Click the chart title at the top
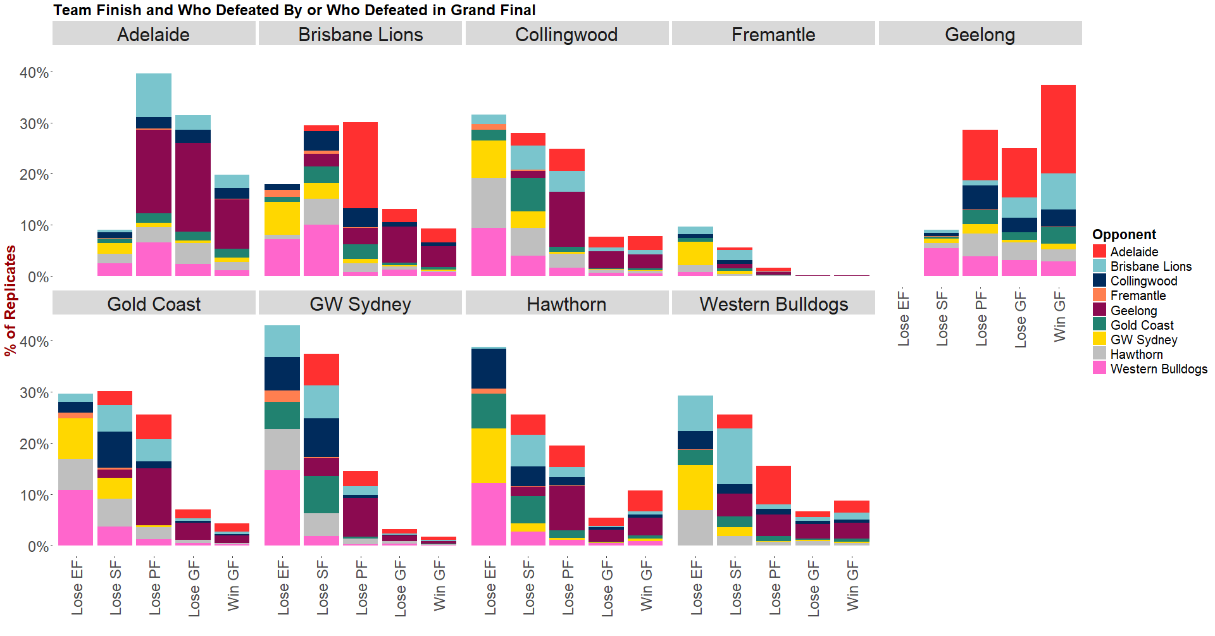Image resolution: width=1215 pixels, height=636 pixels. [294, 10]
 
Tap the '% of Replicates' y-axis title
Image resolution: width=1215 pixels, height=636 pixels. [11, 301]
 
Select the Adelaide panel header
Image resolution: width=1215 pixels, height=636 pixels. [153, 34]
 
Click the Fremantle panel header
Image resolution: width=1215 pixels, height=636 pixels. [773, 34]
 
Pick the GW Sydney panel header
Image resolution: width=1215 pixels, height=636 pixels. [360, 304]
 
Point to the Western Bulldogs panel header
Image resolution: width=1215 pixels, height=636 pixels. [773, 304]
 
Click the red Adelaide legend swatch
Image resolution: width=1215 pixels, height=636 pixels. [1099, 251]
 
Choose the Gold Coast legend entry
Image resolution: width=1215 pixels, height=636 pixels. [1142, 325]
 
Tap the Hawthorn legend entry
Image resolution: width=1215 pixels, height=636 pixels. [1137, 354]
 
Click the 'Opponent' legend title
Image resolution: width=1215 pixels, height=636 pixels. [1124, 234]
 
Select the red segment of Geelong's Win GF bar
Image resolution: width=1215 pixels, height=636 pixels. [1058, 129]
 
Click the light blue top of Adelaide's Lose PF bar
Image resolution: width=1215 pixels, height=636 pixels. [154, 95]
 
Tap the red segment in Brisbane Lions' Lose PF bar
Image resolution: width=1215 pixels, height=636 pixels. [360, 165]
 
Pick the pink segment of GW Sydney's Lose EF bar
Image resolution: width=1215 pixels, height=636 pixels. [282, 508]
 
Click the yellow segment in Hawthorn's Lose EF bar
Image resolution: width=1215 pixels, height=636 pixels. [489, 456]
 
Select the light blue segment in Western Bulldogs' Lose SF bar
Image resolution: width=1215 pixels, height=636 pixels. [734, 456]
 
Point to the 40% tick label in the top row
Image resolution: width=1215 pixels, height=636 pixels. [34, 73]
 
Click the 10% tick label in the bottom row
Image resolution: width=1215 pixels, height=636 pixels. [34, 496]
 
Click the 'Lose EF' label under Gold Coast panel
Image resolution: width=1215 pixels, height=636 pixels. [77, 587]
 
